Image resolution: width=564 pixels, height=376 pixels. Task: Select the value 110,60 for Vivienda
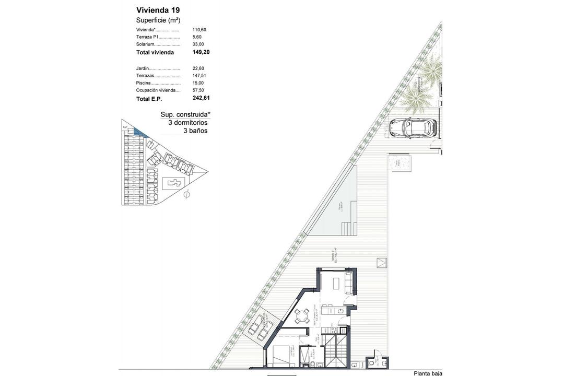pyautogui.click(x=199, y=30)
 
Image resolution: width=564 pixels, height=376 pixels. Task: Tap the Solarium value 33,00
pyautogui.click(x=198, y=44)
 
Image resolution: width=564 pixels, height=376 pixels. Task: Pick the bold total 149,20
pyautogui.click(x=201, y=52)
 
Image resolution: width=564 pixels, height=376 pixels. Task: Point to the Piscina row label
pyautogui.click(x=144, y=83)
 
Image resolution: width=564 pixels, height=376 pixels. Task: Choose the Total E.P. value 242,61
pyautogui.click(x=201, y=98)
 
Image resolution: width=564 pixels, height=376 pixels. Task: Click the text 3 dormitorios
pyautogui.click(x=187, y=122)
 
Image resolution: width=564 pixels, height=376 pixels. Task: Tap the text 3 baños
pyautogui.click(x=195, y=131)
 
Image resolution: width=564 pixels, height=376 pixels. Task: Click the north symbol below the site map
pyautogui.click(x=187, y=195)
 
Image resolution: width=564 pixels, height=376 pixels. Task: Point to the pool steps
pyautogui.click(x=348, y=228)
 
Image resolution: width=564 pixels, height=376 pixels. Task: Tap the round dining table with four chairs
pyautogui.click(x=301, y=316)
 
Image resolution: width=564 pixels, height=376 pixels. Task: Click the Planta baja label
pyautogui.click(x=428, y=373)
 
